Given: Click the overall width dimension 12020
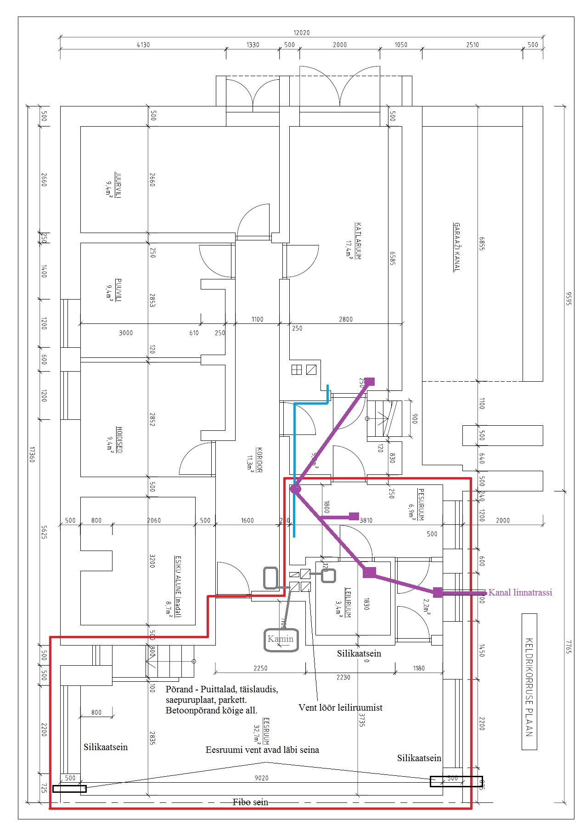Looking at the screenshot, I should click(301, 33).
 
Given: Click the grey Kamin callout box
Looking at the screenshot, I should click(281, 639).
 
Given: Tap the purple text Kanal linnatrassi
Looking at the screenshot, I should click(520, 592).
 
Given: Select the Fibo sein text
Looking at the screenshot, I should click(250, 802).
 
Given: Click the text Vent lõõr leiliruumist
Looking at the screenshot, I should click(340, 707).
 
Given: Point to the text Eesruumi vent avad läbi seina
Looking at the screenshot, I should click(262, 750).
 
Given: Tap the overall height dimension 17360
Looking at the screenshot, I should click(32, 454).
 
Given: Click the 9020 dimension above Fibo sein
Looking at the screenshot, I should click(261, 778).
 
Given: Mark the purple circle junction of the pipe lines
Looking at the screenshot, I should click(295, 489).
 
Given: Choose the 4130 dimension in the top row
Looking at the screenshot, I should click(143, 45).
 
